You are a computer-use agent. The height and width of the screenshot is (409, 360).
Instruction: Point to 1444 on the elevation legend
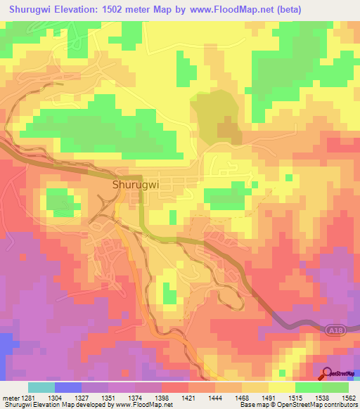227,397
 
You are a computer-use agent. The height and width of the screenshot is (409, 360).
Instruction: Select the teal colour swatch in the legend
41,387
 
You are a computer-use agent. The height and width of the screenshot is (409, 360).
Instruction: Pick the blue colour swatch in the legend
68,387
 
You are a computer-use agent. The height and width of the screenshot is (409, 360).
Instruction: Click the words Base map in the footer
252,405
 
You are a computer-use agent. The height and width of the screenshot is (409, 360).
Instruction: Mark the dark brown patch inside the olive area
227,129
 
